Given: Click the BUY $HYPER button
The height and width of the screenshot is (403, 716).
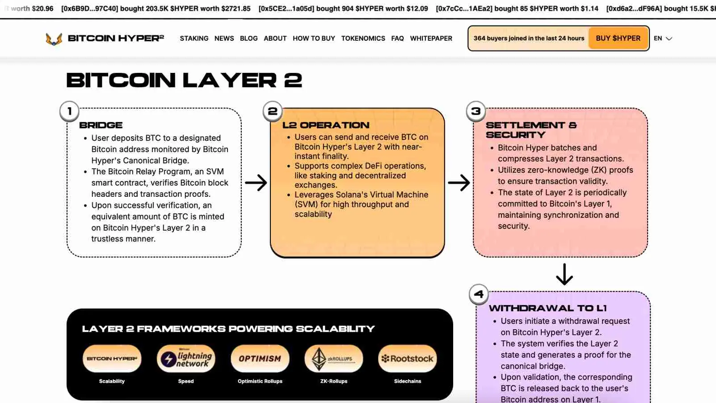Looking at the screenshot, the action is [618, 38].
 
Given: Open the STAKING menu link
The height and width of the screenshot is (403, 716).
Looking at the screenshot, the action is [194, 38].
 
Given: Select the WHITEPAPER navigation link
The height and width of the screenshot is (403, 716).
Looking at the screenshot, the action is [431, 38].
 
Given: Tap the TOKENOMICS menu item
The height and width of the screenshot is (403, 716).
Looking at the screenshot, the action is [363, 38].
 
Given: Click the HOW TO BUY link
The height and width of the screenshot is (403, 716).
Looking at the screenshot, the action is [314, 38].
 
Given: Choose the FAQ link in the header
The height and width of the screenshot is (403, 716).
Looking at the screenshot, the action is [397, 38].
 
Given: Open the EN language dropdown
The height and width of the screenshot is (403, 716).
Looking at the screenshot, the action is [663, 38].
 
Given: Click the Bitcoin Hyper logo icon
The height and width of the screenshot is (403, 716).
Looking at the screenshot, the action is [54, 39].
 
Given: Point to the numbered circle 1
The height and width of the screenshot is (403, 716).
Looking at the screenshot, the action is [69, 111].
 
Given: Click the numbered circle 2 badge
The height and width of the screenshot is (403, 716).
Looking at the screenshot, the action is [273, 111].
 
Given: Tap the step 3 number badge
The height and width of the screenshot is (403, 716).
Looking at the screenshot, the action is [476, 111].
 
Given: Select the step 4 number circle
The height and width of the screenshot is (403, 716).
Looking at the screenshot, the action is [479, 294].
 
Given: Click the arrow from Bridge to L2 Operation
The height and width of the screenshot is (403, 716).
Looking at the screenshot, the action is [256, 182].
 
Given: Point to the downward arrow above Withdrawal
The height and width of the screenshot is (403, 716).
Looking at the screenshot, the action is [564, 274].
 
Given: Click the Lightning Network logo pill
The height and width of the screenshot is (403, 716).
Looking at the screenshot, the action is [186, 359].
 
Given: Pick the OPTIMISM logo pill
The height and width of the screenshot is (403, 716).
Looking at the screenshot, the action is [260, 359].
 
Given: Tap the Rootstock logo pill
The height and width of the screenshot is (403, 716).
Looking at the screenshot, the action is [408, 359].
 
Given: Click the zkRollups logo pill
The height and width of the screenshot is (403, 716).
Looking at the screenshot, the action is [334, 359].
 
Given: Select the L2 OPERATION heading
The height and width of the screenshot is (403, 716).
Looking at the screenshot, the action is [326, 125].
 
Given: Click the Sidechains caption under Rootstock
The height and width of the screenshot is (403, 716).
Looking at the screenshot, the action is [408, 381].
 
